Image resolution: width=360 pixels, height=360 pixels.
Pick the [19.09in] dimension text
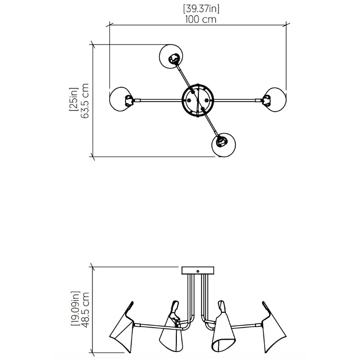[75, 310]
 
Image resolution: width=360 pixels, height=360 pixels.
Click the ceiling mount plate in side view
[198, 271]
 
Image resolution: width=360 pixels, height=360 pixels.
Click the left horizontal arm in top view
[157, 100]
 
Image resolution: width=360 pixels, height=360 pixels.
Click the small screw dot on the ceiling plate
[198, 271]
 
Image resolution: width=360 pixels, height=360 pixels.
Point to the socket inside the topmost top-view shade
[173, 58]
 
